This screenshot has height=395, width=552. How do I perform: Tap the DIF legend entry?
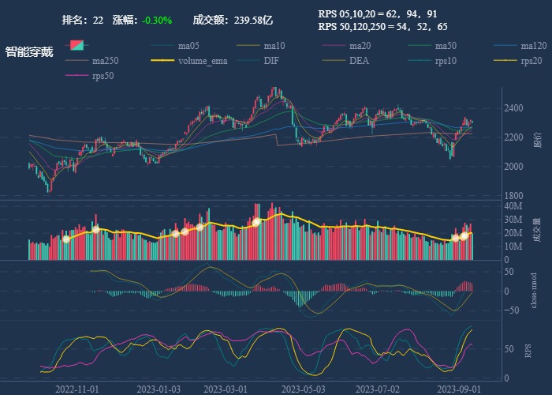[x=270, y=61]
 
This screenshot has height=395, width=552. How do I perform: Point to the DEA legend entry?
[x=358, y=61]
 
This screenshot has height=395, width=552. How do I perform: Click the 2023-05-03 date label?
[x=303, y=389]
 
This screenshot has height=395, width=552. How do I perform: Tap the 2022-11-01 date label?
[x=76, y=389]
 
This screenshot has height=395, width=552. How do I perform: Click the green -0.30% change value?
[x=157, y=20]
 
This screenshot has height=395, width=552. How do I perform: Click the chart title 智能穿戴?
[x=29, y=52]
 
